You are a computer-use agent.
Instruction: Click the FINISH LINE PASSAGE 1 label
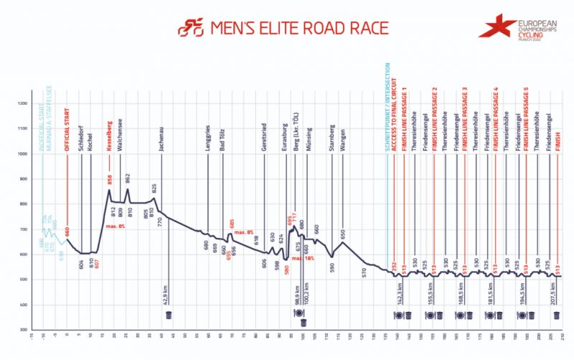[404, 113]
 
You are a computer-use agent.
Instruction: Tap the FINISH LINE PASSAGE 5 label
[527, 113]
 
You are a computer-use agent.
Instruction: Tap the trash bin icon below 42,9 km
[168, 316]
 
